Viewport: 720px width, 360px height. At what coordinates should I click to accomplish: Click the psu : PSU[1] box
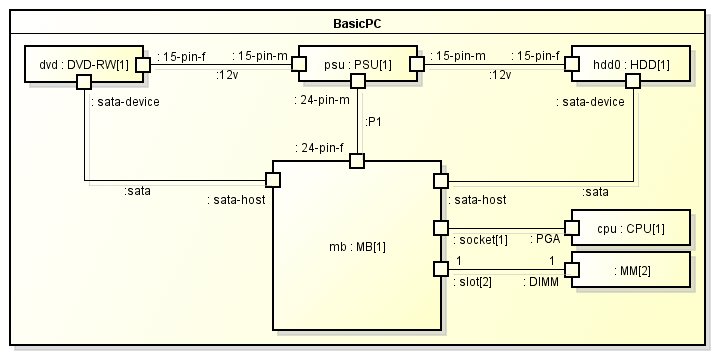[x=358, y=64]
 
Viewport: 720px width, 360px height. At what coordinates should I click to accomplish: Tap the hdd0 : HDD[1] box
[x=631, y=64]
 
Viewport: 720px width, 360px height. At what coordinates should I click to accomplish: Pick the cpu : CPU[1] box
[x=630, y=228]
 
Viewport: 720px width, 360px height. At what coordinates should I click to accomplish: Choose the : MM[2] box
[x=630, y=269]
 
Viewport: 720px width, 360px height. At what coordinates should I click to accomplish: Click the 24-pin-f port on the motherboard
[x=357, y=160]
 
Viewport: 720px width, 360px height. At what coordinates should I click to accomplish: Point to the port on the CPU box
[x=572, y=228]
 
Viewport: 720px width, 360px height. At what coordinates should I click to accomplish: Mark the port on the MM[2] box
[x=572, y=269]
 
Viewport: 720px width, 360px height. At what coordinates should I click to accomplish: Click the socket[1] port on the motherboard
[x=440, y=228]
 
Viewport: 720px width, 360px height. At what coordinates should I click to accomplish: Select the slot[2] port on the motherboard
[x=440, y=269]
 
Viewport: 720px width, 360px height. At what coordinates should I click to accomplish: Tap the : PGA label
[x=544, y=241]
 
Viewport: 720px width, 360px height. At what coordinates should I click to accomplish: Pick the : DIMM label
[x=541, y=283]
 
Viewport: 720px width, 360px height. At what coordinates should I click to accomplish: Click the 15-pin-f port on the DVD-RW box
[x=144, y=65]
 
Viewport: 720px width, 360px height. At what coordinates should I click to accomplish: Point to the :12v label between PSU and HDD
[x=501, y=74]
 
